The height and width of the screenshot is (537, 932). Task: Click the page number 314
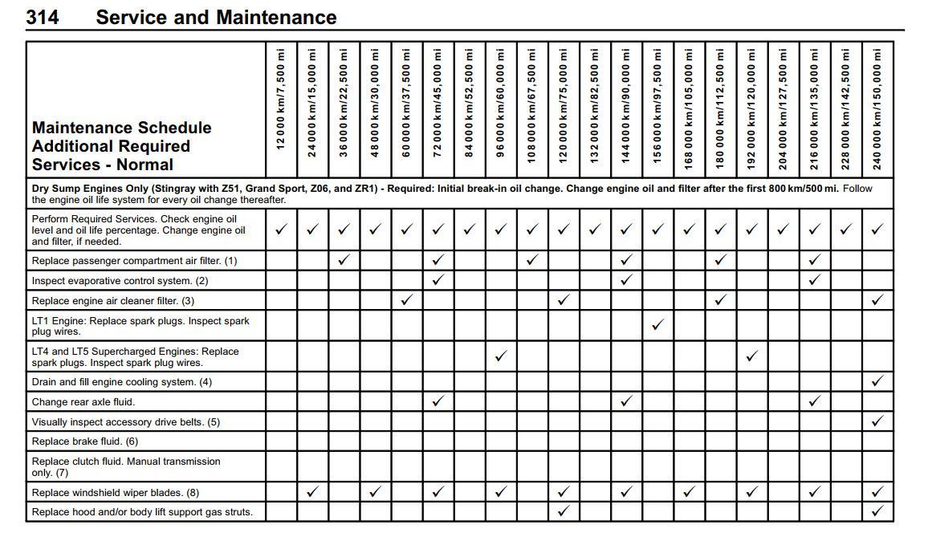click(42, 17)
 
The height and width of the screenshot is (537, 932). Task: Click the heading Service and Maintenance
click(216, 17)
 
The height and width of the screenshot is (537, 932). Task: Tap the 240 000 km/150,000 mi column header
click(877, 108)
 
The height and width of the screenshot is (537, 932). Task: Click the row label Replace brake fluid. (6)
click(85, 441)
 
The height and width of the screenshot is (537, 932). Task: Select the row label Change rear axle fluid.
click(83, 401)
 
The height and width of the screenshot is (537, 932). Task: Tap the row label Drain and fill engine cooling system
click(121, 381)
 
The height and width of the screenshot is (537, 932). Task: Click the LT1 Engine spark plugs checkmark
click(657, 325)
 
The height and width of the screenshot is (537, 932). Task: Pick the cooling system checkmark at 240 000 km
click(877, 381)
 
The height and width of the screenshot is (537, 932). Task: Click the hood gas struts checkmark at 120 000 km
click(564, 511)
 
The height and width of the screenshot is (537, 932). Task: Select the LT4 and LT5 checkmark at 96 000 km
click(500, 356)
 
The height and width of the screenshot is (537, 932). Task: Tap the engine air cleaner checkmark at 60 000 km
click(406, 299)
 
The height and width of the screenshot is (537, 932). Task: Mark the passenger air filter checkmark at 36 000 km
click(344, 259)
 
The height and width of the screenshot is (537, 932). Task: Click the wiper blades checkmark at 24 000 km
click(312, 491)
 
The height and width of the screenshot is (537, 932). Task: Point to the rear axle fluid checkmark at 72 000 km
click(438, 401)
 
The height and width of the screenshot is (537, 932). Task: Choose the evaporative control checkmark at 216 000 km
click(814, 279)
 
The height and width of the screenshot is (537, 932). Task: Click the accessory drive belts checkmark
click(877, 421)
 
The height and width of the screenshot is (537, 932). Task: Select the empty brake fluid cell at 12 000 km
click(281, 441)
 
